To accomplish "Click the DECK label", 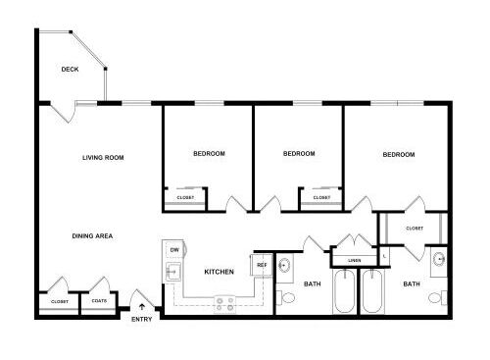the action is tap(70, 70).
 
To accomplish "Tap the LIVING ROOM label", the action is tap(103, 158).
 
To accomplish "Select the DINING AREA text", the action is tap(92, 235).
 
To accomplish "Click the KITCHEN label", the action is tap(220, 272).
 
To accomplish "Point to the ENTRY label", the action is tap(142, 319).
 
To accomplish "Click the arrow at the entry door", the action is tap(142, 307).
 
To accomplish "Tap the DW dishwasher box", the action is tap(174, 250).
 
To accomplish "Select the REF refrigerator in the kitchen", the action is tap(262, 265).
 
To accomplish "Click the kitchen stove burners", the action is tap(225, 304).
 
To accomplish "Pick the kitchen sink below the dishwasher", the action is tap(173, 272).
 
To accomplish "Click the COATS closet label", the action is tap(99, 301).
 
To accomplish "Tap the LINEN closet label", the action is tap(355, 261).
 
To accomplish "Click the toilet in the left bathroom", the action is tap(286, 298).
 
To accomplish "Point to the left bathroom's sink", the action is tap(284, 265).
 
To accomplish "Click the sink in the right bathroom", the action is tap(439, 259).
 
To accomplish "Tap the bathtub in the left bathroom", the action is tap(345, 290).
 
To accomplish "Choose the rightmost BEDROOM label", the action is tap(399, 154).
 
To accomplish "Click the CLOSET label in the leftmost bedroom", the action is tap(185, 197).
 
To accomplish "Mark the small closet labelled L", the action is tap(384, 256).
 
